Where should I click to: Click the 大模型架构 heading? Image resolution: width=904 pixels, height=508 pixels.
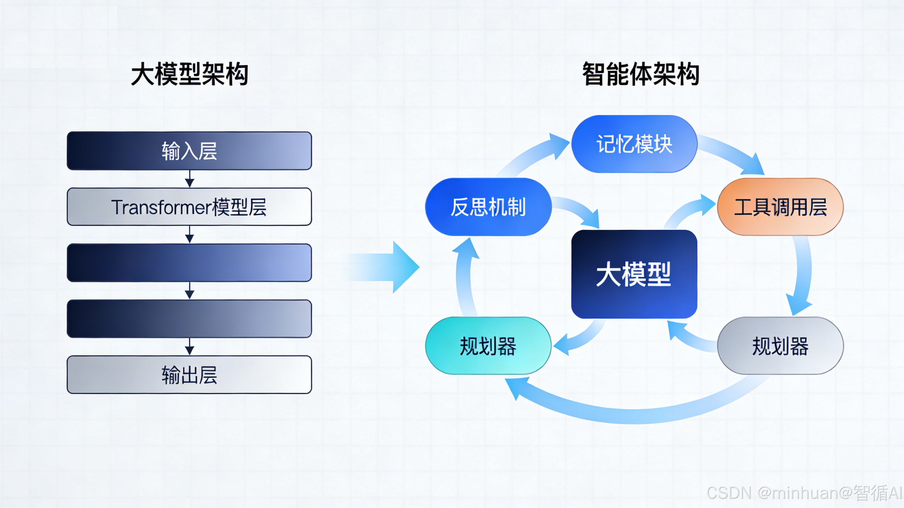pyautogui.click(x=189, y=74)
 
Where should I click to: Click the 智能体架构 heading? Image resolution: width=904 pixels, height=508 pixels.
pyautogui.click(x=641, y=74)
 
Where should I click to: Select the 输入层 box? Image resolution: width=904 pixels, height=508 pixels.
pyautogui.click(x=189, y=151)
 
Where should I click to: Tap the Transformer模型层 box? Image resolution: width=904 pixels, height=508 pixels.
pyautogui.click(x=189, y=207)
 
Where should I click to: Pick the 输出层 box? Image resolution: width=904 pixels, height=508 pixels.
pyautogui.click(x=189, y=375)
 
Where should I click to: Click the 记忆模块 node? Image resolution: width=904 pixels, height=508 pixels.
pyautogui.click(x=634, y=144)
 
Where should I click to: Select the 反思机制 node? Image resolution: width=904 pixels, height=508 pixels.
pyautogui.click(x=488, y=207)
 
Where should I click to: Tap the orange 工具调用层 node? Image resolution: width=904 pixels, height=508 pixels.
pyautogui.click(x=780, y=207)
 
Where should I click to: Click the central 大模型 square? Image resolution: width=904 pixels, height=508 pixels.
pyautogui.click(x=634, y=274)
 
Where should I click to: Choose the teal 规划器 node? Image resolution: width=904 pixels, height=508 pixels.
pyautogui.click(x=488, y=346)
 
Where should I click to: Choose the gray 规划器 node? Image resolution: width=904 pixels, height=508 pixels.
pyautogui.click(x=780, y=346)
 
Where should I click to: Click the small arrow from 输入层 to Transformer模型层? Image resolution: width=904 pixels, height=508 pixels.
pyautogui.click(x=189, y=179)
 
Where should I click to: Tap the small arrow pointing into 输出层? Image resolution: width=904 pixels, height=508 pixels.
pyautogui.click(x=189, y=347)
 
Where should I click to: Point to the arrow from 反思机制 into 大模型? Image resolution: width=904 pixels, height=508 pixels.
pyautogui.click(x=579, y=210)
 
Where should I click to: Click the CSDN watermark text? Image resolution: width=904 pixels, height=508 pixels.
pyautogui.click(x=804, y=492)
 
